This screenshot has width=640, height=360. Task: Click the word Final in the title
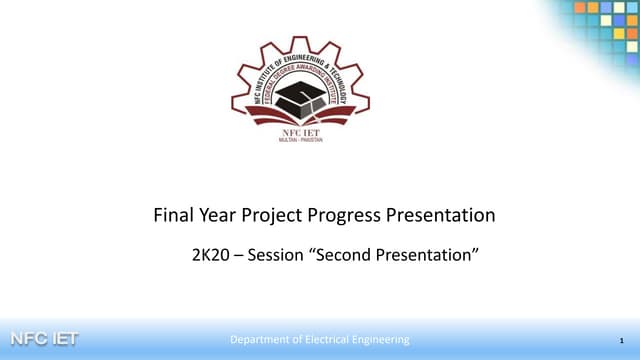[x=173, y=215]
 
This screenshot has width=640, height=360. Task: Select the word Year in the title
[x=217, y=215]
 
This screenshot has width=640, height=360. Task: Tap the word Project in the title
[x=269, y=215]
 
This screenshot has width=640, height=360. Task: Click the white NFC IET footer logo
[x=43, y=339]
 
